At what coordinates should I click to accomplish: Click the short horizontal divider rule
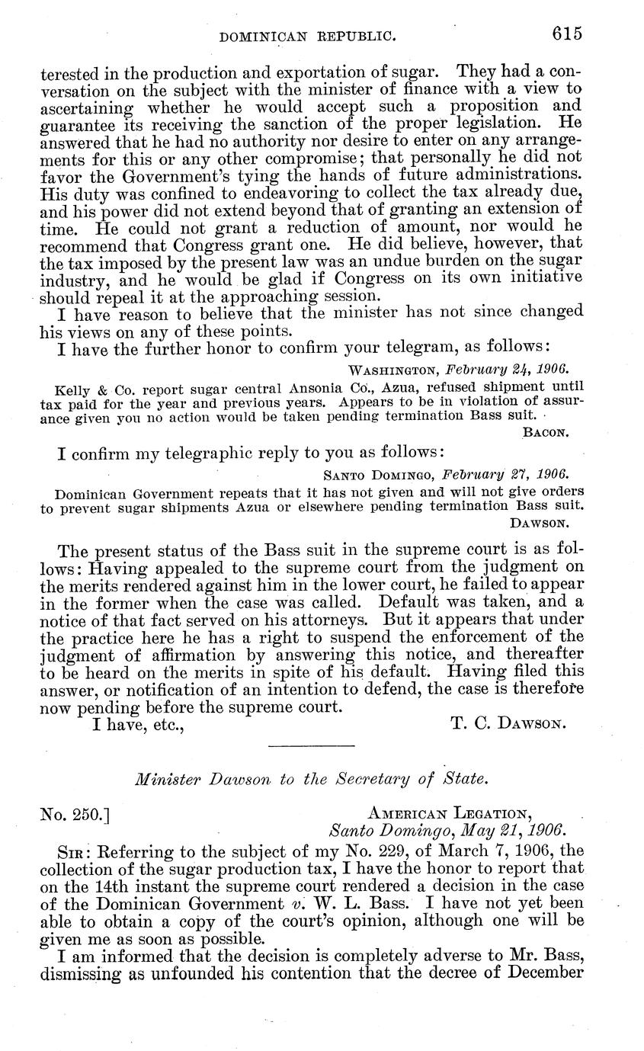311,745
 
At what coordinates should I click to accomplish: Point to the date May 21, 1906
508,829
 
